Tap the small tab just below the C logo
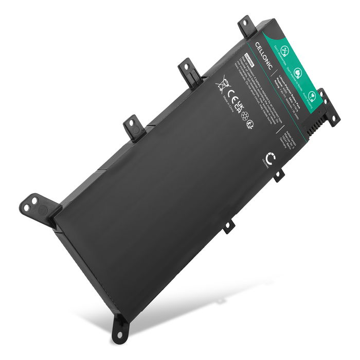click(278, 175)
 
